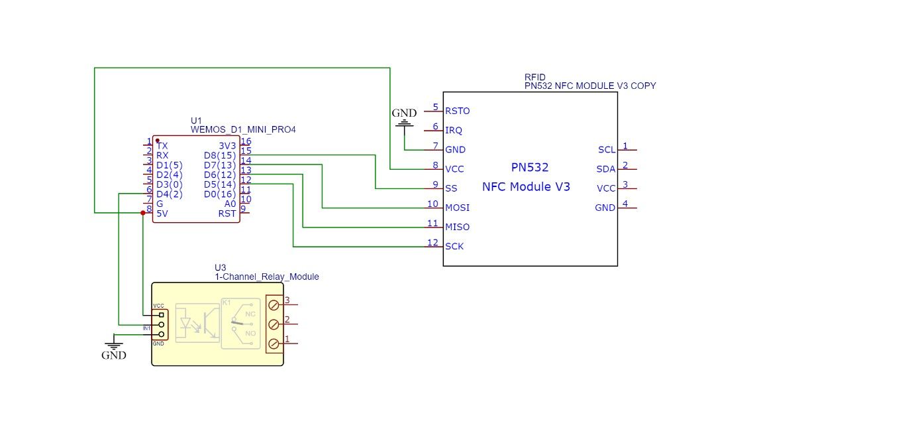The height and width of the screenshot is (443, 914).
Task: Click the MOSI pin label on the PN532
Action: pos(457,208)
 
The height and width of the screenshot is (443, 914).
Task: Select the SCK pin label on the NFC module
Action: pos(454,246)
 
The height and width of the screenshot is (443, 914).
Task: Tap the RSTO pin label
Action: pos(458,111)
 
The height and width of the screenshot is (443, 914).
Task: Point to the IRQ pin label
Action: pos(454,130)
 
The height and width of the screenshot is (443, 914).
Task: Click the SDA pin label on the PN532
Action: pos(606,169)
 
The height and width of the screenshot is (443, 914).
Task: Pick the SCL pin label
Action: pos(606,150)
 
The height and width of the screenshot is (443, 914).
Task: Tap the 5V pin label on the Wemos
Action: pos(162,213)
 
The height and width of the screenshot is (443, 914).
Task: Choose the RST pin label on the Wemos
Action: pos(227,213)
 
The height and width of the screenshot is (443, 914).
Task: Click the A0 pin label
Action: pos(230,204)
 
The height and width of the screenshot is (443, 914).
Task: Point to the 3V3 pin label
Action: pos(227,146)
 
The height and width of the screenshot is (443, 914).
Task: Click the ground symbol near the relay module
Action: pos(114,346)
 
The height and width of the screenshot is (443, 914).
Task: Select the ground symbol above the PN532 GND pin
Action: pos(404,121)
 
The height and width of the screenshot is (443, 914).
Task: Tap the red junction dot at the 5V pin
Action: pos(142,213)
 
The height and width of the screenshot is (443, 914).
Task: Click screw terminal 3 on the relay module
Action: pos(274,306)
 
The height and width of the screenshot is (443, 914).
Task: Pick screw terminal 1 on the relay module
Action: pos(274,344)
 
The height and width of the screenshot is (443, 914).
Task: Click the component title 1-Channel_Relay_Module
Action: pos(266,277)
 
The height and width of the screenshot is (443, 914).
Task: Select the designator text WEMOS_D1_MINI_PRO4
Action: pos(243,129)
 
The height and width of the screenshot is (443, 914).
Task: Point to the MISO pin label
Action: pos(457,227)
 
